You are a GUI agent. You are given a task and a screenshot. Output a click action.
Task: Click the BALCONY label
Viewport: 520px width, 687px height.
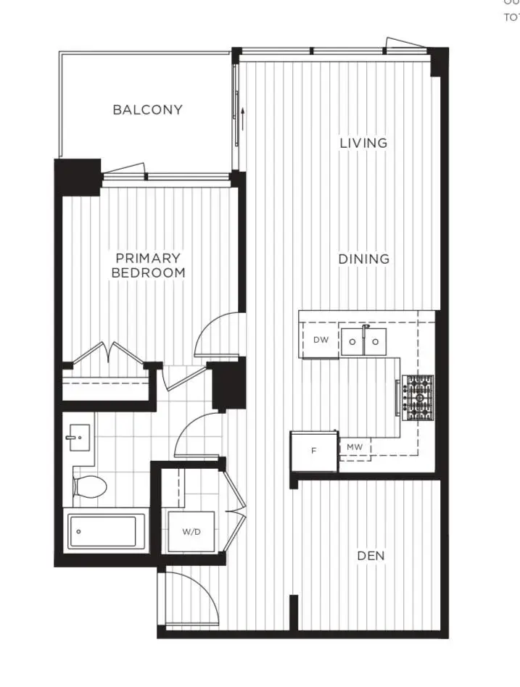(147, 110)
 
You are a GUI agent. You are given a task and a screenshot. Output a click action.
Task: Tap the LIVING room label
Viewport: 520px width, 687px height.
(363, 143)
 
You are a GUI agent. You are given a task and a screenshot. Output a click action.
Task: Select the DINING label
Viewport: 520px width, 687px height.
(363, 259)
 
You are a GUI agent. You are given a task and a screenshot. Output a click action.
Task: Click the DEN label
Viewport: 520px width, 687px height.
(371, 556)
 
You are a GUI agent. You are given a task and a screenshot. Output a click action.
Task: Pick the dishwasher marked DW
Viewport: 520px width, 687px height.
(321, 340)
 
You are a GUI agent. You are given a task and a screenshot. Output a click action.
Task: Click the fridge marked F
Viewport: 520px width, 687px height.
(313, 451)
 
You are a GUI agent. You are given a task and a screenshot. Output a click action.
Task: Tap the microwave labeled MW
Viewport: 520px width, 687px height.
(354, 448)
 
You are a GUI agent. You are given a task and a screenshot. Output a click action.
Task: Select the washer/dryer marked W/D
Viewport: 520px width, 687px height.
(191, 533)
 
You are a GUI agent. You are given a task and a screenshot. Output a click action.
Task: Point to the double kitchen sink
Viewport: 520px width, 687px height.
(364, 341)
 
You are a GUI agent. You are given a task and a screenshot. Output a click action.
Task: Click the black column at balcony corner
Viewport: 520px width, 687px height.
(78, 176)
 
